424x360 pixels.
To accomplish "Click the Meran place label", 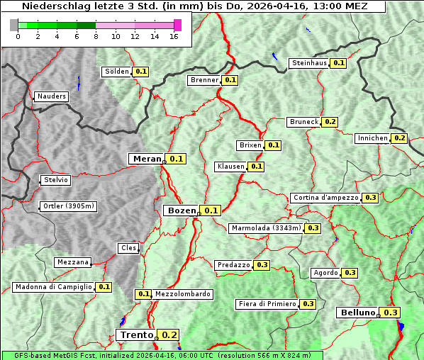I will pyautogui.click(x=147, y=159).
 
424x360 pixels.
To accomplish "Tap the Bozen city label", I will pyautogui.click(x=181, y=210).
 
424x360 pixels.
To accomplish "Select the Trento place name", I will pyautogui.click(x=135, y=334).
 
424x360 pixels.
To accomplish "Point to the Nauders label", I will pyautogui.click(x=51, y=96).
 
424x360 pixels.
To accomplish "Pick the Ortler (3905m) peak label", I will pyautogui.click(x=68, y=206).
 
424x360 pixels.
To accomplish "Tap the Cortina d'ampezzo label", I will pyautogui.click(x=325, y=198).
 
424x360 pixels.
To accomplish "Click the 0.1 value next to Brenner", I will pyautogui.click(x=230, y=80).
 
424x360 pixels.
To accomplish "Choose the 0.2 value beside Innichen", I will pyautogui.click(x=399, y=138).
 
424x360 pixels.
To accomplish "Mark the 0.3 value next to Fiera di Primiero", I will pyautogui.click(x=308, y=304).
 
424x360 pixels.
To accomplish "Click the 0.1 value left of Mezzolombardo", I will pyautogui.click(x=143, y=294).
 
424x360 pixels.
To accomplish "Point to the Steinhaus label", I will pyautogui.click(x=310, y=63).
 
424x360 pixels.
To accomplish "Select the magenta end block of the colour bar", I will pyautogui.click(x=177, y=25).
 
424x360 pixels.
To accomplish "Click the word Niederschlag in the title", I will pyautogui.click(x=52, y=6).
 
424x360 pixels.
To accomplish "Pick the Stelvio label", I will pyautogui.click(x=56, y=180).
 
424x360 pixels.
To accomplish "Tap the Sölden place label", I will pyautogui.click(x=117, y=72).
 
